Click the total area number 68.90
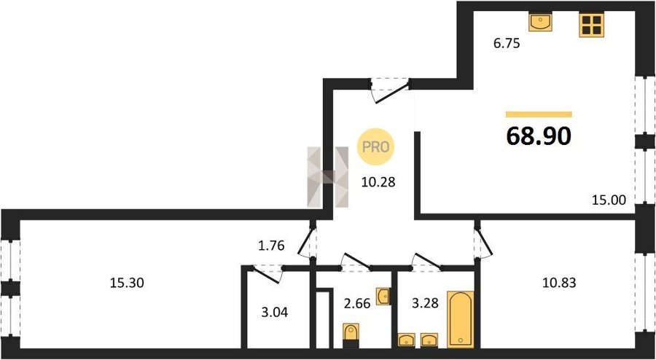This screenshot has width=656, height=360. pyautogui.click(x=539, y=136)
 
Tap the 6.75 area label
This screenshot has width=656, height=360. pyautogui.click(x=507, y=43)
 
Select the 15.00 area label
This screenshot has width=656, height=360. pyautogui.click(x=609, y=200)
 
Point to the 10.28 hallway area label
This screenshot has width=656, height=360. pyautogui.click(x=378, y=182)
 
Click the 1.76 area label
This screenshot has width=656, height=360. pyautogui.click(x=272, y=246)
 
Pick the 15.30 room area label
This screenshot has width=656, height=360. pyautogui.click(x=127, y=283)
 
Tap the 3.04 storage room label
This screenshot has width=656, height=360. pyautogui.click(x=274, y=312)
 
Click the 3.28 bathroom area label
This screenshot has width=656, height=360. pyautogui.click(x=425, y=302)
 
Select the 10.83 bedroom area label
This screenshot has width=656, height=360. pyautogui.click(x=559, y=283)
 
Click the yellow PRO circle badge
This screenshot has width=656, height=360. pyautogui.click(x=375, y=146)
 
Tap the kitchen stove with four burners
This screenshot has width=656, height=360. pyautogui.click(x=592, y=25)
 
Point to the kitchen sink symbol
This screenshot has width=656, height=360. pyautogui.click(x=540, y=22)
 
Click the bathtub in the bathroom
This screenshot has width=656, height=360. pyautogui.click(x=461, y=319)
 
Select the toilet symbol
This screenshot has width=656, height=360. pyautogui.click(x=351, y=336)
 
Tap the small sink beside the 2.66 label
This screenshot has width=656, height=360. pyautogui.click(x=383, y=297)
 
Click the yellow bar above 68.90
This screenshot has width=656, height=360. pyautogui.click(x=539, y=114)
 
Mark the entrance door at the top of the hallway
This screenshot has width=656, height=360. pyautogui.click(x=390, y=90)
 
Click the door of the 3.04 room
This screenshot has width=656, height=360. pyautogui.click(x=267, y=274)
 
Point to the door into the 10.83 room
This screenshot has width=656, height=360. pyautogui.click(x=483, y=242)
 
